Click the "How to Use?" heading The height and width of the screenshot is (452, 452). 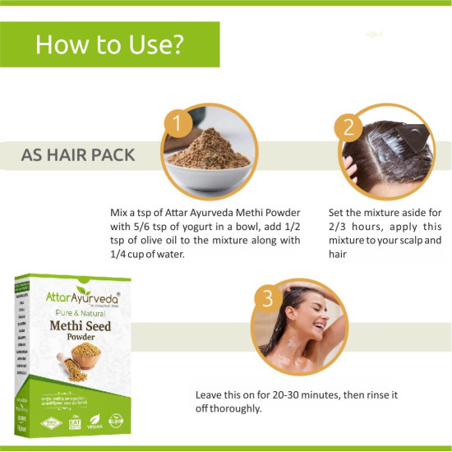coord(109,44)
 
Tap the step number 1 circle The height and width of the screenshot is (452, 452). coord(173,124)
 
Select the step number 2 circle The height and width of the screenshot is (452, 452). coord(348,127)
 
